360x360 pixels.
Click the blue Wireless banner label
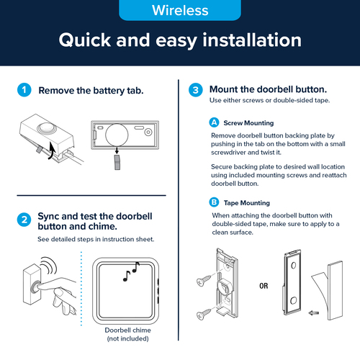(180, 10)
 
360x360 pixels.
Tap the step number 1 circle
(24, 90)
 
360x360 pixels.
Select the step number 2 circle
(24, 220)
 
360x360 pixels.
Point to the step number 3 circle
(196, 90)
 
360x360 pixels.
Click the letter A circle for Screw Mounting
(214, 122)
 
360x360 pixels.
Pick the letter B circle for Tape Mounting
(214, 202)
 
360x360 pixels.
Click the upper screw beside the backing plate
(204, 280)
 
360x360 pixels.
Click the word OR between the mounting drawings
(264, 286)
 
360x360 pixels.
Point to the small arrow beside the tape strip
(314, 313)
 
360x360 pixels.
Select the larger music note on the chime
(136, 267)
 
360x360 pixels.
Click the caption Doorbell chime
(128, 330)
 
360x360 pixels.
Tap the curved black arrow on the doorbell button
(51, 150)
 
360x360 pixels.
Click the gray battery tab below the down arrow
(117, 162)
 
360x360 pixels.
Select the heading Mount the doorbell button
(268, 89)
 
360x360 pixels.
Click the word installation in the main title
(252, 40)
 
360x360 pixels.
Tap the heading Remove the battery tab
(91, 91)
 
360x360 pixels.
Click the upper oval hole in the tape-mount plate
(293, 265)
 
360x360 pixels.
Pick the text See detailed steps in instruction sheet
(96, 239)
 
